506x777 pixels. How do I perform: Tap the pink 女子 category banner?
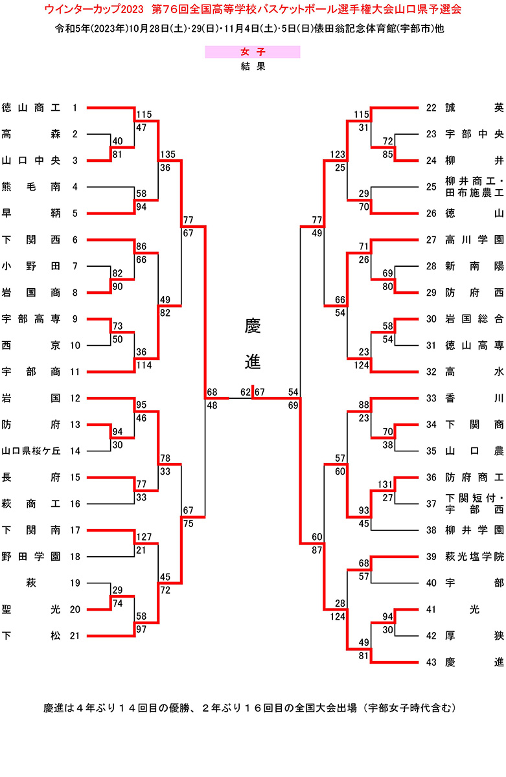point(252,52)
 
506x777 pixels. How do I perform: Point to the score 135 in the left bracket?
point(167,154)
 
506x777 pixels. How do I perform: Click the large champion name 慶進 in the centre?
point(253,344)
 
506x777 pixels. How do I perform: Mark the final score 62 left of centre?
point(246,392)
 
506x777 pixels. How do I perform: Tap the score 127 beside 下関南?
point(144,537)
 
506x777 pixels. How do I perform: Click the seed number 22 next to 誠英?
point(432,107)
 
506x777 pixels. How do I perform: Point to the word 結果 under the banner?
point(252,66)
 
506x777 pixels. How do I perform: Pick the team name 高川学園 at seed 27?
point(474,240)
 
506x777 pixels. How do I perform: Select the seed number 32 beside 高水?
point(432,372)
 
